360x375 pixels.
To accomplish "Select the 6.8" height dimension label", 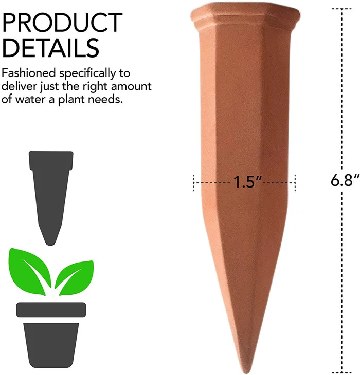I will point(343,180).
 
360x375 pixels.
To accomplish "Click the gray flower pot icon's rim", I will point(50,309).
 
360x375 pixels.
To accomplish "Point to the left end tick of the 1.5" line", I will point(193,182).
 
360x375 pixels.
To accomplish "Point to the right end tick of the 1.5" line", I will point(295,182).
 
